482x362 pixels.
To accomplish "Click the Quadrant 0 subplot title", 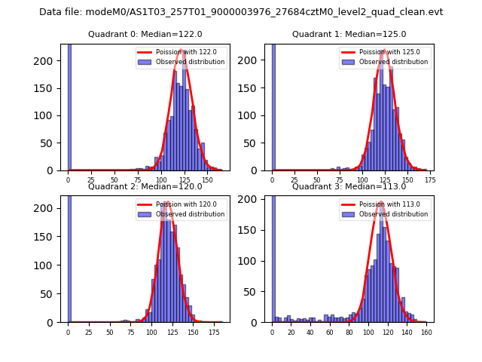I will [x=145, y=34].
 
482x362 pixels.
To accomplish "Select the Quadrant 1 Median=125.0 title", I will [x=349, y=34].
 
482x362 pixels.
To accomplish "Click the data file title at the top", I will [x=241, y=12].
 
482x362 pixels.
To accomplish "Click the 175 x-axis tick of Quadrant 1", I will [x=429, y=180].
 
